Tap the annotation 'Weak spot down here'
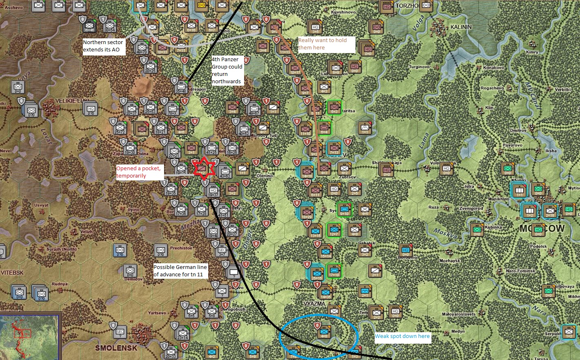point(402,336)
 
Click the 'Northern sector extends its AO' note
point(104,46)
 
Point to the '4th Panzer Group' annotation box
point(227,70)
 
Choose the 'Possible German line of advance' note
point(180,271)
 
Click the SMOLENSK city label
point(116,348)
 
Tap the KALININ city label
point(461,27)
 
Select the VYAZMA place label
point(315,304)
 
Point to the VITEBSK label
point(12,273)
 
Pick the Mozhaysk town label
point(449,260)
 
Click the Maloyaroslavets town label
point(459,314)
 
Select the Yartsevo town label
point(157,313)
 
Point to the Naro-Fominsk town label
point(520,271)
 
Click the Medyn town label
point(458,331)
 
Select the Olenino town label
point(264,176)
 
